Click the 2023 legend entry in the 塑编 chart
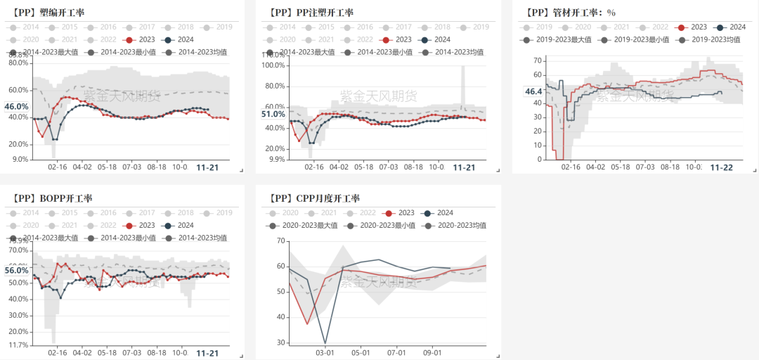141,39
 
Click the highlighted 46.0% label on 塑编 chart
16,107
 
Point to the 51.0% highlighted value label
273,114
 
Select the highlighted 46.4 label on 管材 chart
533,91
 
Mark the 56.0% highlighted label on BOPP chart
16,271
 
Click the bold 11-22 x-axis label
721,167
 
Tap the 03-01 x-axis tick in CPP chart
325,352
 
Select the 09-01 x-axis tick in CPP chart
432,352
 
